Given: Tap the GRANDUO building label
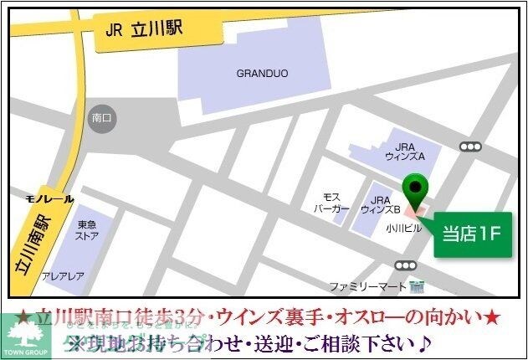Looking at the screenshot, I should click(x=261, y=74).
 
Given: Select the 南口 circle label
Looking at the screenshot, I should click(x=102, y=119).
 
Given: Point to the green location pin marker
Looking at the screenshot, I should click(x=414, y=188).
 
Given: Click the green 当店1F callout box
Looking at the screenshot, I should click(x=471, y=233).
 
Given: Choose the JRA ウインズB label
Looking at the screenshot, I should click(x=381, y=206).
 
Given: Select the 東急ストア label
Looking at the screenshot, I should click(x=88, y=229).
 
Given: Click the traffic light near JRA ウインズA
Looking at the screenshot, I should click(x=471, y=147).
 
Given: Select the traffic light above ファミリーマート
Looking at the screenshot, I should click(x=406, y=265).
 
